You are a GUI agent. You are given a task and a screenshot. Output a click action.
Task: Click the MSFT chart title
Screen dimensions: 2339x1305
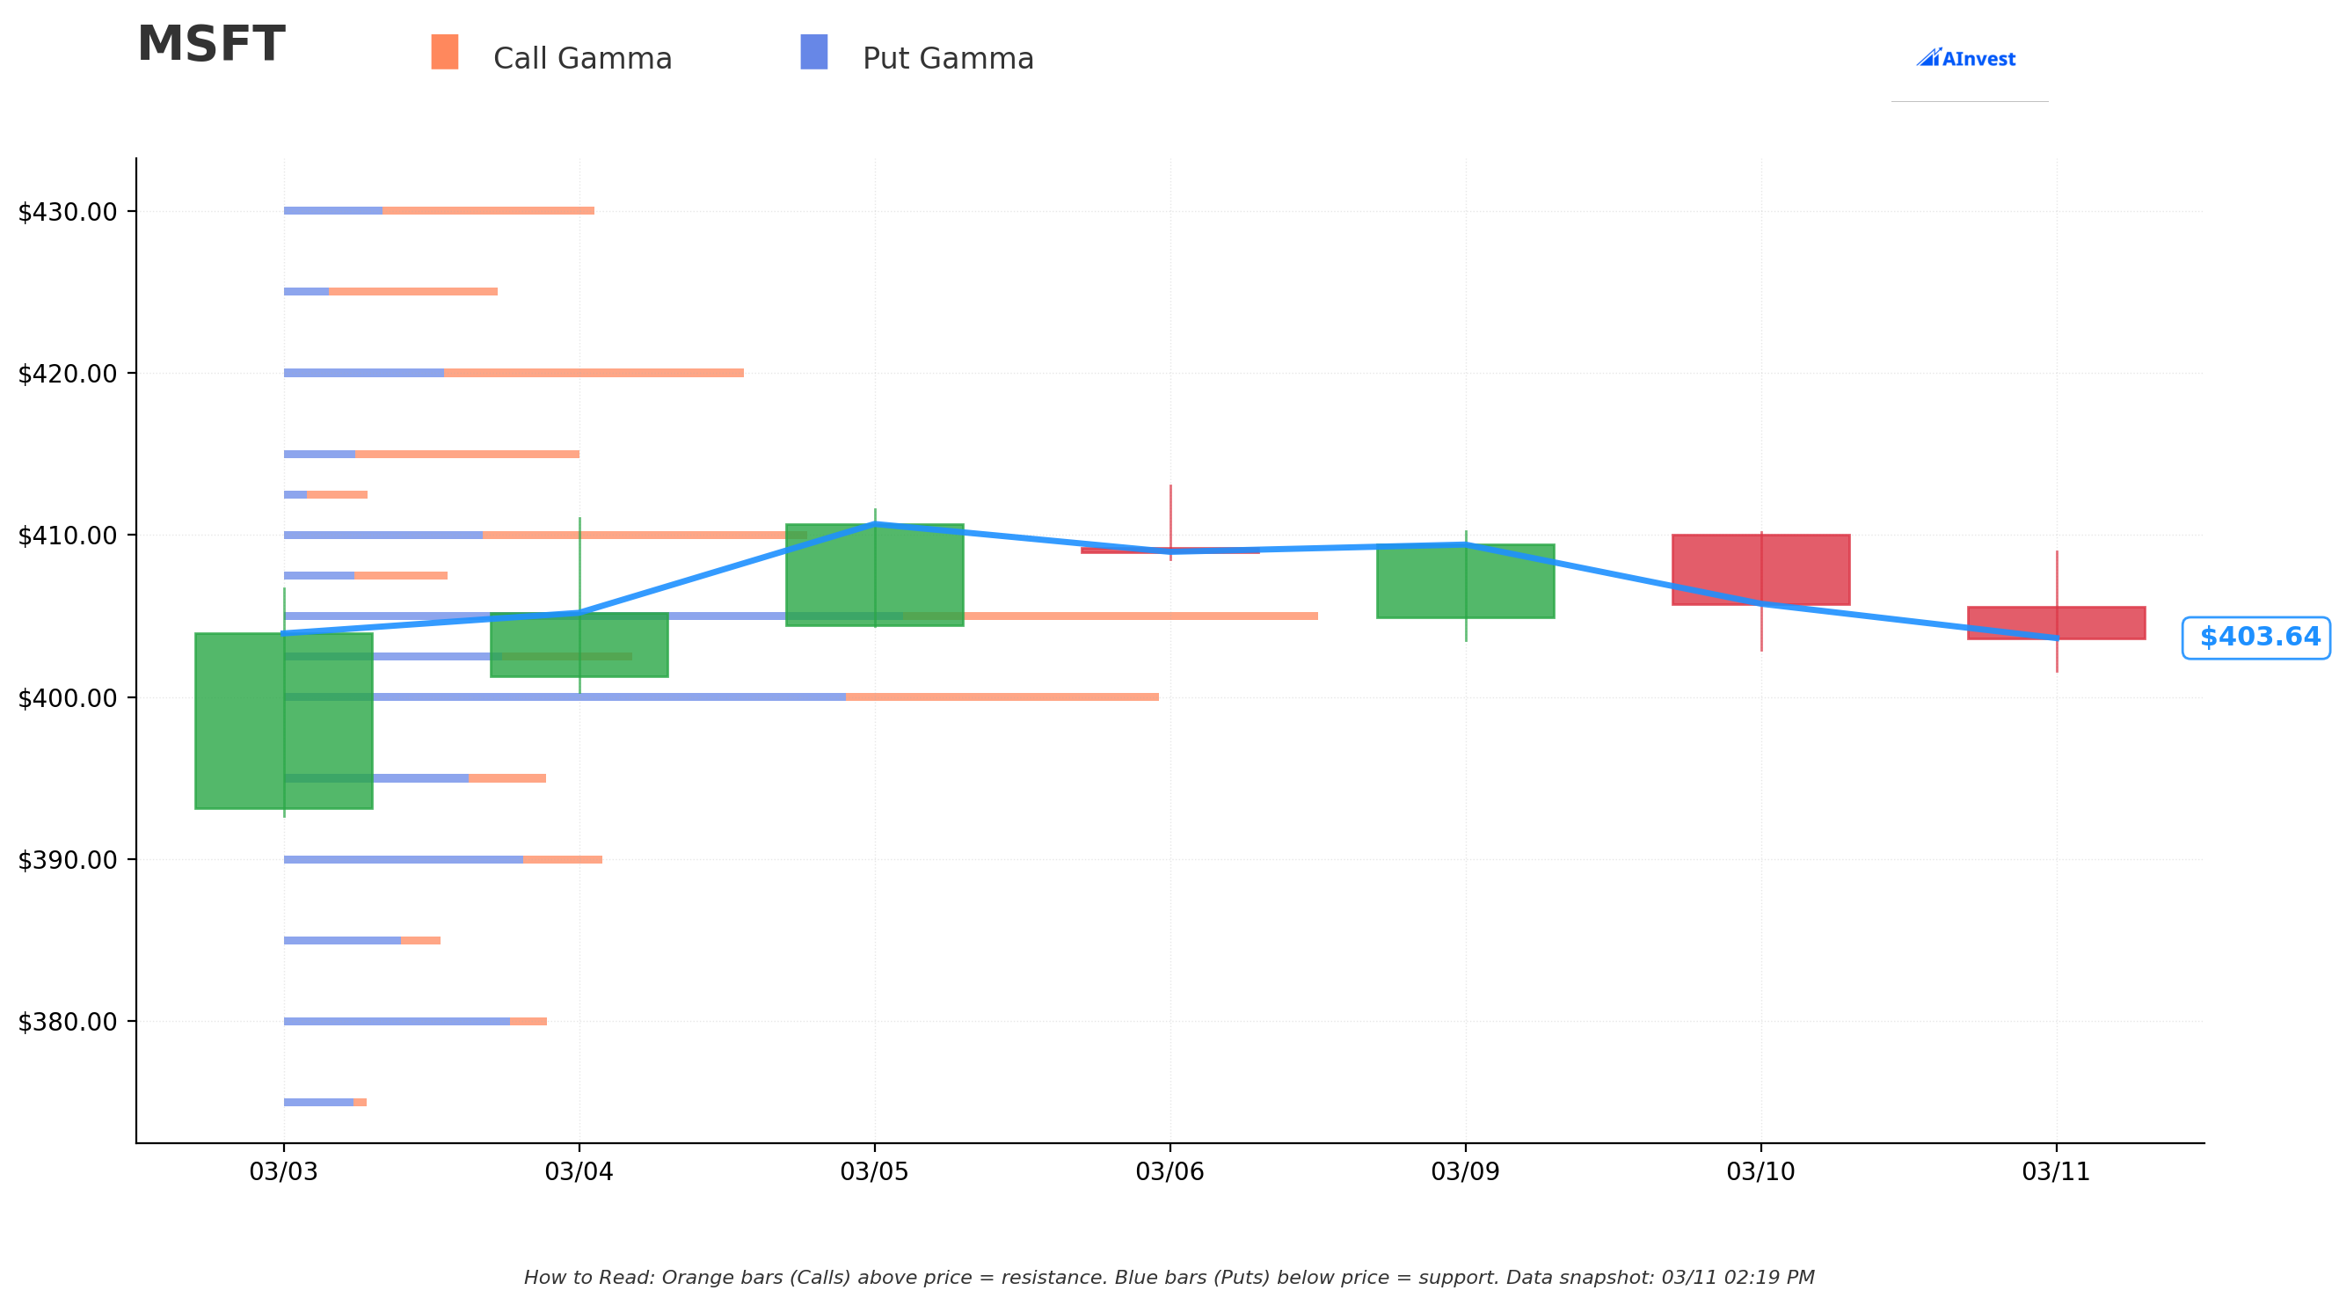[211, 45]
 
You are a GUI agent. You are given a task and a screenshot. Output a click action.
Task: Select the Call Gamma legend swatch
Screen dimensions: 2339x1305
[445, 52]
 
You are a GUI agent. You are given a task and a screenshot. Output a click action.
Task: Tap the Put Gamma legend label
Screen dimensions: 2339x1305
[948, 59]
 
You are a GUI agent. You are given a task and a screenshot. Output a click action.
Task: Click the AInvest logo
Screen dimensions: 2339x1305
[1966, 58]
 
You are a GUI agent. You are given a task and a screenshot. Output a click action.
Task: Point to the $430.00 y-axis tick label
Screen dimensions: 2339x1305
[67, 212]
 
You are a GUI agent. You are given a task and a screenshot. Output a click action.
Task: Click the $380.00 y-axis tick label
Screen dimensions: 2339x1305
[67, 1022]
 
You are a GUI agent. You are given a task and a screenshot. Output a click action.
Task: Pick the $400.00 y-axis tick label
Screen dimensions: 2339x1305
[67, 697]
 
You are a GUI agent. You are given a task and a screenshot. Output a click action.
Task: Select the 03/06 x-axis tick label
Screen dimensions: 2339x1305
[1169, 1171]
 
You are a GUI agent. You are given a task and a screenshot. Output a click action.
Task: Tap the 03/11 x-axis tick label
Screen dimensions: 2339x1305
[2056, 1171]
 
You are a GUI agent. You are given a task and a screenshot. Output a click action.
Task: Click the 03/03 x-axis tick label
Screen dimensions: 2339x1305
[283, 1171]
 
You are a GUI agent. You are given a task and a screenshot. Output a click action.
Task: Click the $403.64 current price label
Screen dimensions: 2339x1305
[2259, 638]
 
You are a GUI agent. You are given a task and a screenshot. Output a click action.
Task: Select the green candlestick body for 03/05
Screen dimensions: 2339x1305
[874, 575]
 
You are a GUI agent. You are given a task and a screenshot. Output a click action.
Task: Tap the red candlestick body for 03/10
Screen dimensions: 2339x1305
[1760, 570]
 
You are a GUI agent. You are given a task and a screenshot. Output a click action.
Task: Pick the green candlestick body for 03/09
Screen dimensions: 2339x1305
[1466, 581]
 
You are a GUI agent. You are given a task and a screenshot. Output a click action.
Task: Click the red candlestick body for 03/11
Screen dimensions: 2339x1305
[2057, 623]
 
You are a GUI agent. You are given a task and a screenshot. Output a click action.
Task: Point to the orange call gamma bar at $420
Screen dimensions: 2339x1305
[594, 373]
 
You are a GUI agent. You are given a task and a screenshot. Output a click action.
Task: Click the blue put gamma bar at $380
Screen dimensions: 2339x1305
[397, 1022]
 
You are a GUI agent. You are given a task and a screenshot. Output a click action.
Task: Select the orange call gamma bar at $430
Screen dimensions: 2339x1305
[489, 211]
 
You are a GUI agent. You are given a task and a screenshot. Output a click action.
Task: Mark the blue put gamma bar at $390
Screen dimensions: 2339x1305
[403, 860]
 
